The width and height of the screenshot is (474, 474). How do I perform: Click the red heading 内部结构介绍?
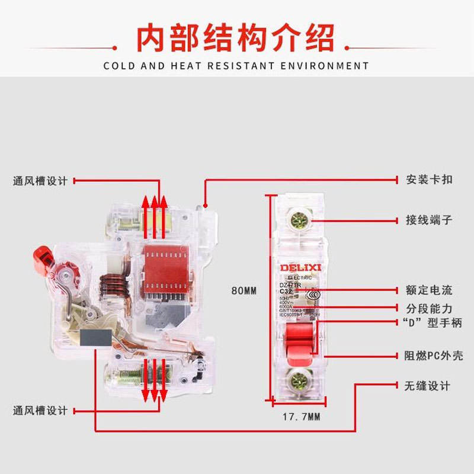point(236,37)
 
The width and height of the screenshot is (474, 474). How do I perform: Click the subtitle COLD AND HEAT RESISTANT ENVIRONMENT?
point(236,66)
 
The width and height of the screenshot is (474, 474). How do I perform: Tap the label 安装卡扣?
point(429,178)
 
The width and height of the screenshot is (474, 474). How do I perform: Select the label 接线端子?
point(429,220)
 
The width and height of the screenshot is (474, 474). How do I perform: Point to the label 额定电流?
point(429,290)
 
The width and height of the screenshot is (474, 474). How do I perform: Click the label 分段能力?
point(429,309)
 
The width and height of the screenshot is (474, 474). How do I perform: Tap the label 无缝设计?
point(428,386)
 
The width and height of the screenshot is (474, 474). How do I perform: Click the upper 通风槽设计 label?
point(40,181)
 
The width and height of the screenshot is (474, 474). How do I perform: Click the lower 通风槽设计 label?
point(40,410)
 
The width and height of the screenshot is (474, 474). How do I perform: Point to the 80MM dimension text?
point(244,291)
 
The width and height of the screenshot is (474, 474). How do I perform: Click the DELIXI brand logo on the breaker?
point(299,268)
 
